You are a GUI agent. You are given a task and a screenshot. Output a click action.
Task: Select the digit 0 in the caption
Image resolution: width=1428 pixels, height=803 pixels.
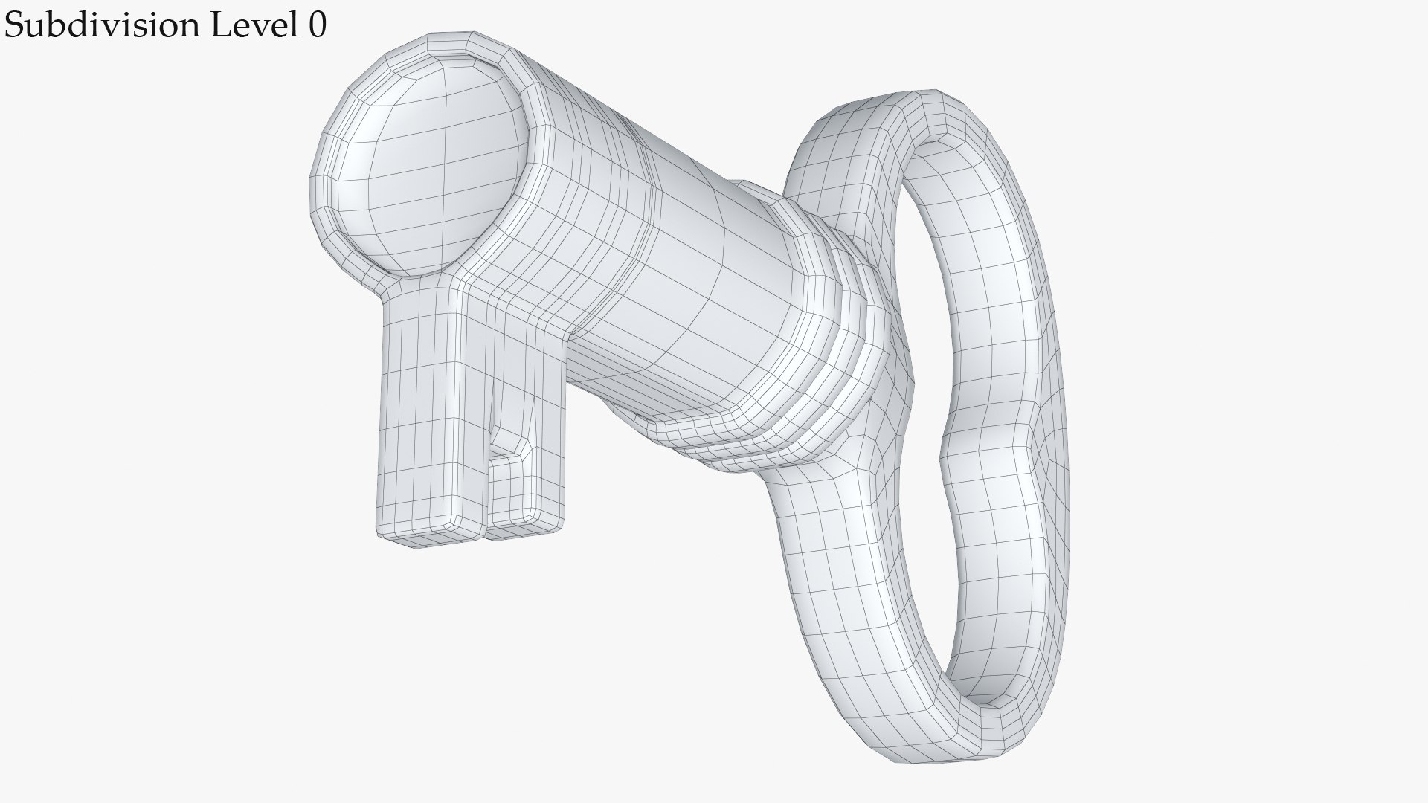pos(316,25)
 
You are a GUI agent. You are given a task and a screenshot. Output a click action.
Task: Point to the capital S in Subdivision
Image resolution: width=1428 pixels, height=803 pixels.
pos(14,25)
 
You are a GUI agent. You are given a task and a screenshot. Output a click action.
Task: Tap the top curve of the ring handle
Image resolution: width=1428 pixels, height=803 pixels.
pos(922,112)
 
